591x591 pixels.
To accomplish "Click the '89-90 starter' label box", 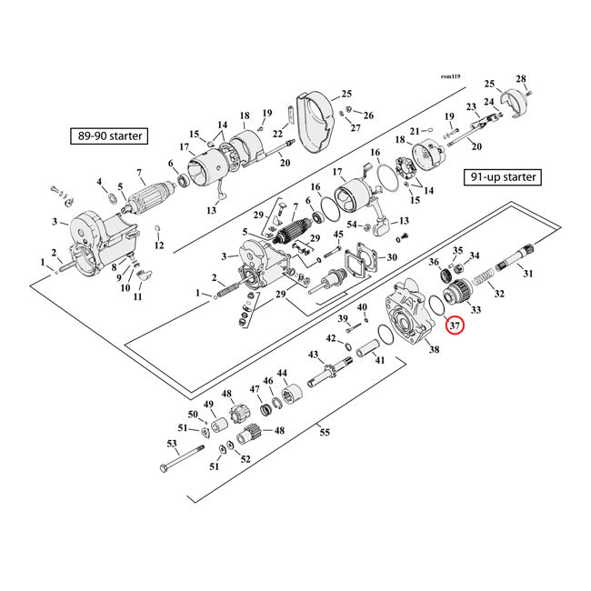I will [x=110, y=137].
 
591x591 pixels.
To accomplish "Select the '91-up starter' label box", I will [x=501, y=176].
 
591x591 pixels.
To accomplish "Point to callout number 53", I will [x=171, y=443].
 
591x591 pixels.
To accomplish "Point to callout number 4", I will [x=99, y=183].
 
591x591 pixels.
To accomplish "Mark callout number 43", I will [x=314, y=354].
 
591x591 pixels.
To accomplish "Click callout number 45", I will [x=337, y=235].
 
